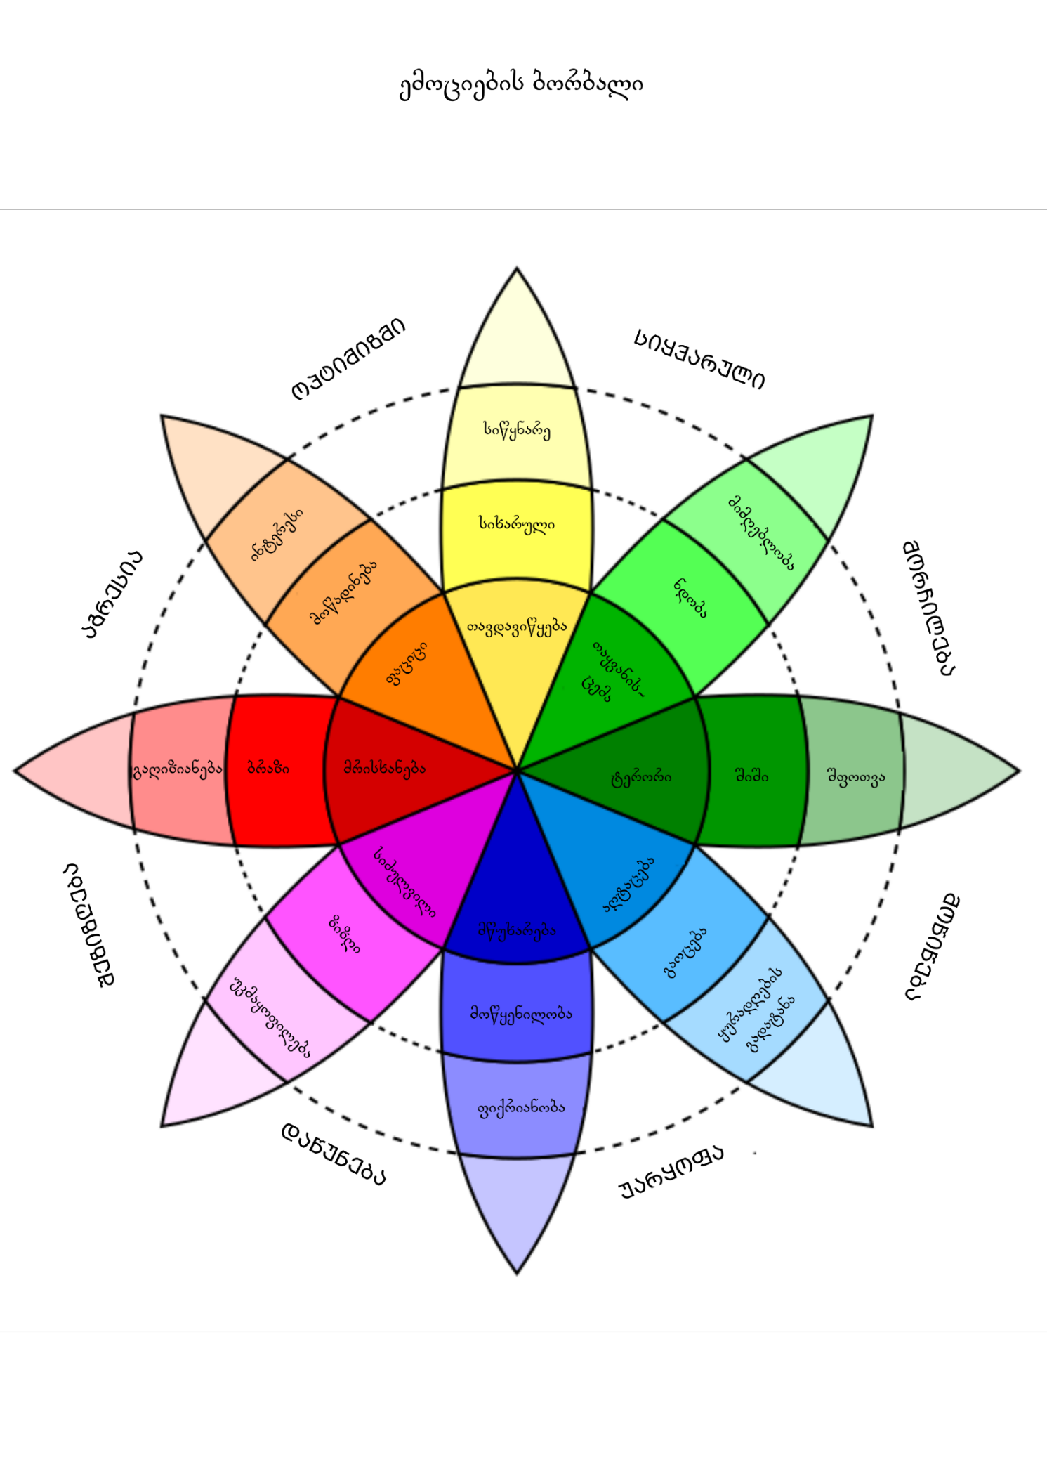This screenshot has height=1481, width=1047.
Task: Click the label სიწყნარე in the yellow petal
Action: coord(517,429)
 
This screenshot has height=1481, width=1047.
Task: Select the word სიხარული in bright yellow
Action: coord(517,523)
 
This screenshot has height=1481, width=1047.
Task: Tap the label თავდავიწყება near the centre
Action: coord(517,627)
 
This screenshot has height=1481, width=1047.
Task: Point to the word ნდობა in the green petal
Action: coord(690,597)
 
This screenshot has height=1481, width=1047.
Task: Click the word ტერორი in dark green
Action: coord(640,777)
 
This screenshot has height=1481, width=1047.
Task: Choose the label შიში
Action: coord(751,776)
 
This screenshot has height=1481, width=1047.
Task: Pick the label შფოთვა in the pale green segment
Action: coord(856,777)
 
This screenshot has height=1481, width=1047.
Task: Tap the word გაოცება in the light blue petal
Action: coord(685,952)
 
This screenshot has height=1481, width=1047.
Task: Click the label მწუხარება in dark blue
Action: coord(517,931)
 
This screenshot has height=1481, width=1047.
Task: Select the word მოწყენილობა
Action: coord(520,1014)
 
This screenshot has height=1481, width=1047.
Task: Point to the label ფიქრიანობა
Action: coord(520,1107)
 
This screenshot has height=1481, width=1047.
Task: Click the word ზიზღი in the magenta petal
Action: coord(344,934)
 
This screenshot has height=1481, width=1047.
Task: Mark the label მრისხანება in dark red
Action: coord(384,768)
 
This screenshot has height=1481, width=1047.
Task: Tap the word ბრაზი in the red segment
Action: coord(268,768)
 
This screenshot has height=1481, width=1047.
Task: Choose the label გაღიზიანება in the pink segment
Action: coord(178,769)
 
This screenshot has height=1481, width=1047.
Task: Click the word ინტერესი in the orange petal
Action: coord(277,534)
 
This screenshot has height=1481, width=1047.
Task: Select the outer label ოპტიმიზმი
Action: coord(348,358)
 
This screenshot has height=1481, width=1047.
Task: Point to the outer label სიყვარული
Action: coord(699,358)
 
